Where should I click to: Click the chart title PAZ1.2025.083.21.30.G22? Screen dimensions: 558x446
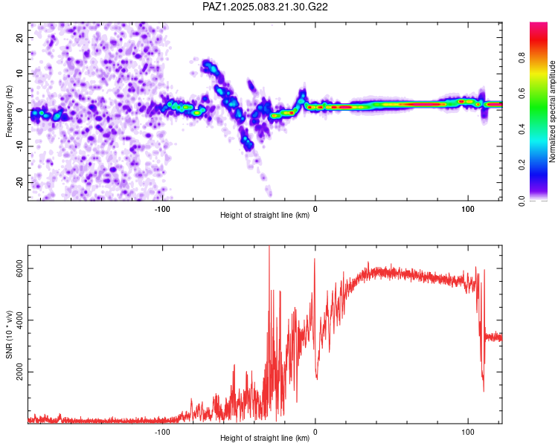point(265,7)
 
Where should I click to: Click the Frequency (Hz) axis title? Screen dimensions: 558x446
point(9,111)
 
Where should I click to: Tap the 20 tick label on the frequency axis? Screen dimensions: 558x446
point(20,37)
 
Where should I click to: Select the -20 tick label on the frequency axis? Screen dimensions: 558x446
point(20,182)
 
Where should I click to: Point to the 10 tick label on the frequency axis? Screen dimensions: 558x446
point(20,74)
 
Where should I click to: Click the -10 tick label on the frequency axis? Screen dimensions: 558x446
point(20,146)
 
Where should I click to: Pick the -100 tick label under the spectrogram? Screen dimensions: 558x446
point(162,209)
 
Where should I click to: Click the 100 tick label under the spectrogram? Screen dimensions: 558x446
point(468,209)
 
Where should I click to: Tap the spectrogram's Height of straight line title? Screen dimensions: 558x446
point(265,215)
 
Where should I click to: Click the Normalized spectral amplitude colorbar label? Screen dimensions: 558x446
point(552,111)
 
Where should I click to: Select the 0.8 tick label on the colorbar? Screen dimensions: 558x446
point(522,57)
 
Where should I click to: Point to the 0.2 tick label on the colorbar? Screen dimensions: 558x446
point(522,165)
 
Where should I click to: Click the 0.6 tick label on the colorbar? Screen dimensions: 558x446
point(522,93)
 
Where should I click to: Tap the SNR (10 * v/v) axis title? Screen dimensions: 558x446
point(9,334)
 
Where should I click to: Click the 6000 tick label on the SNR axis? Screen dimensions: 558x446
point(20,268)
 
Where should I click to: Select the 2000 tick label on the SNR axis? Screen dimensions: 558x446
point(20,372)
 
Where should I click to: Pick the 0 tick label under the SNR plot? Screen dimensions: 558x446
point(315,432)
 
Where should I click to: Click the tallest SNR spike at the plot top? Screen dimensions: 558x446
point(269,247)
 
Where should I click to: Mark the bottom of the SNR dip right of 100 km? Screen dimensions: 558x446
point(484,391)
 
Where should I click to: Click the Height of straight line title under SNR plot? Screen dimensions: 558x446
point(265,438)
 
